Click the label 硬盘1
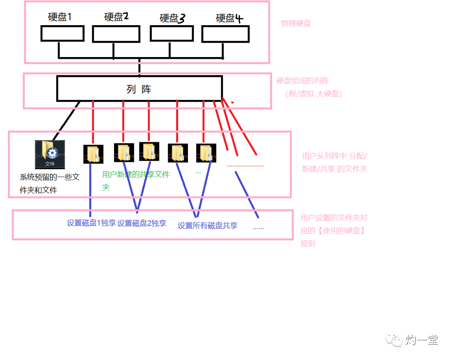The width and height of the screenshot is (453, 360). [x=60, y=17]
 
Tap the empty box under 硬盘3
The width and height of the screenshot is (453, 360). [x=171, y=34]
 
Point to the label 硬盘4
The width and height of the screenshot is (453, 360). [x=229, y=18]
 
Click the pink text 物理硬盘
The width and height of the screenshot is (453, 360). [x=296, y=23]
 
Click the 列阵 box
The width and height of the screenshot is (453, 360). [x=139, y=89]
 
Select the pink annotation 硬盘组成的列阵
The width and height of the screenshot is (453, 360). [x=302, y=81]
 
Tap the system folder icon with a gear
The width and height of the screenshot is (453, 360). [x=50, y=154]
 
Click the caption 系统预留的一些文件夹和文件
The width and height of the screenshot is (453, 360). [x=49, y=183]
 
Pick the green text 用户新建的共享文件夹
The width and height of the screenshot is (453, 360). [x=135, y=179]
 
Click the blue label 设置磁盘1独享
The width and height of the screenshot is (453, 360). [x=91, y=223]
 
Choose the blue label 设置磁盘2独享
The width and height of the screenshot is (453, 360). [x=142, y=223]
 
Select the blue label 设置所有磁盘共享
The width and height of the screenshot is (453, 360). [x=208, y=225]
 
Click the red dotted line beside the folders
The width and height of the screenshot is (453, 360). [x=245, y=166]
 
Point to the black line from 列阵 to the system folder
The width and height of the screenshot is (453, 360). [x=66, y=120]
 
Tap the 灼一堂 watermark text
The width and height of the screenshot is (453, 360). [x=422, y=340]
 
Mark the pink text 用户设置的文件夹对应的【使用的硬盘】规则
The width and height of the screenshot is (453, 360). [x=333, y=230]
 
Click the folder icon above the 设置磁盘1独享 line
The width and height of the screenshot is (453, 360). [x=93, y=154]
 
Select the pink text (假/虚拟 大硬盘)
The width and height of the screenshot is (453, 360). [x=314, y=94]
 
